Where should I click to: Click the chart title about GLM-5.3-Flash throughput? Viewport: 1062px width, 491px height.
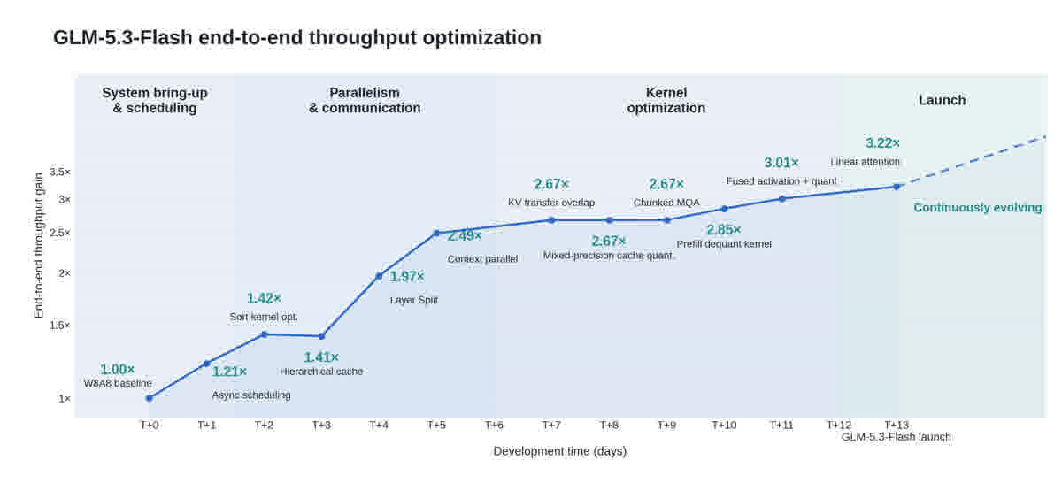pyautogui.click(x=297, y=37)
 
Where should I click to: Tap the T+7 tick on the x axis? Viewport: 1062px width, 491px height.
pyautogui.click(x=551, y=426)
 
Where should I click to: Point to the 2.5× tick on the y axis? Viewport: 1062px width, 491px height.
pyautogui.click(x=60, y=233)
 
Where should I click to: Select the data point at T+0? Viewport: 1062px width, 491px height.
pyautogui.click(x=150, y=398)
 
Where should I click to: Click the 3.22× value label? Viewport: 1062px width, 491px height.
pyautogui.click(x=882, y=143)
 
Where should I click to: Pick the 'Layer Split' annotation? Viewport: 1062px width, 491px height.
pyautogui.click(x=414, y=300)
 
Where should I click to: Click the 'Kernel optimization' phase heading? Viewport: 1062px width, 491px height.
pyautogui.click(x=666, y=100)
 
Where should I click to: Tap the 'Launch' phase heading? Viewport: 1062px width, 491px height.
pyautogui.click(x=942, y=100)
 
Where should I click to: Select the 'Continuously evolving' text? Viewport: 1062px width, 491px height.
pyautogui.click(x=978, y=208)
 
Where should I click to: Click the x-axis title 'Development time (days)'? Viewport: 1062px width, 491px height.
pyautogui.click(x=560, y=451)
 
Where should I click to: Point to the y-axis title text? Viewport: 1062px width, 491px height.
pyautogui.click(x=38, y=246)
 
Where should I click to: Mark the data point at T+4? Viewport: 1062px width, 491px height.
pyautogui.click(x=379, y=276)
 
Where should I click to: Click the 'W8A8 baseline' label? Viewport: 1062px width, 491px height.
pyautogui.click(x=118, y=383)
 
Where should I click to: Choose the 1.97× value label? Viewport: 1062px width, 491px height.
pyautogui.click(x=407, y=276)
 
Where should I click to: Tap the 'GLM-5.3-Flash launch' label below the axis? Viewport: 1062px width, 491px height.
pyautogui.click(x=896, y=437)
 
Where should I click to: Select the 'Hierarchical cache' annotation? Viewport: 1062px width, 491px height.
pyautogui.click(x=321, y=372)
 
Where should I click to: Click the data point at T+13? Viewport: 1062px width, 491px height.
pyautogui.click(x=897, y=187)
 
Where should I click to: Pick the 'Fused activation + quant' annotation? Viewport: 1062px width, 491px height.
pyautogui.click(x=781, y=181)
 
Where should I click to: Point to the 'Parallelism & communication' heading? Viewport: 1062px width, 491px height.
pyautogui.click(x=365, y=100)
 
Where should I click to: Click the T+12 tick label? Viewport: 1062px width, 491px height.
pyautogui.click(x=839, y=426)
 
